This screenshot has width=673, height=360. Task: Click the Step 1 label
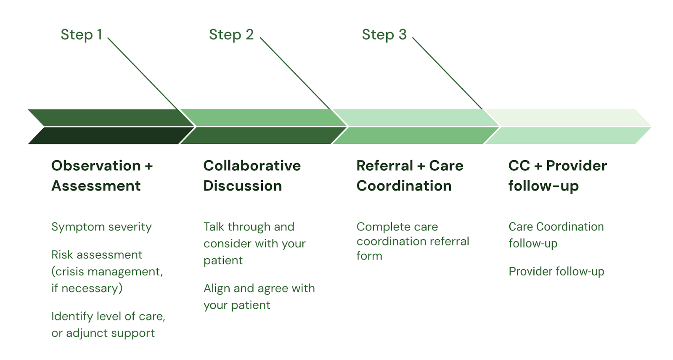pos(82,34)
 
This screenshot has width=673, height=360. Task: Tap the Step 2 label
pos(231,34)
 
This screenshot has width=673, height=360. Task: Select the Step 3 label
pos(384,34)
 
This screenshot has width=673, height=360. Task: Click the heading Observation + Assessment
pos(102,175)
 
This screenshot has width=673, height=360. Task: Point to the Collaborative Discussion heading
pos(252,175)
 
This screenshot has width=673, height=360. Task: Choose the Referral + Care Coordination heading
pos(410,175)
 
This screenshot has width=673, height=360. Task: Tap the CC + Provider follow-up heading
pos(558,176)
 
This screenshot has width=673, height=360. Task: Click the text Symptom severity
pos(101,227)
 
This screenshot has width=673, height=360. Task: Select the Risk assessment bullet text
pos(107,271)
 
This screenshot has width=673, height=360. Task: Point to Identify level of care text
pos(108,325)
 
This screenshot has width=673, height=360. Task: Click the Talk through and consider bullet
pos(254,244)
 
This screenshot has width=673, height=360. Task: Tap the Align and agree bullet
pos(259,296)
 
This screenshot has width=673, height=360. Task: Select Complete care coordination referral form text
pos(413,241)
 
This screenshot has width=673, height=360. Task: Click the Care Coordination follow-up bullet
pos(556,235)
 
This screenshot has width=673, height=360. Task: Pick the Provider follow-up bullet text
pos(556,272)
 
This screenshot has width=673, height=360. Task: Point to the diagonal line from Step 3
pos(448,73)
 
